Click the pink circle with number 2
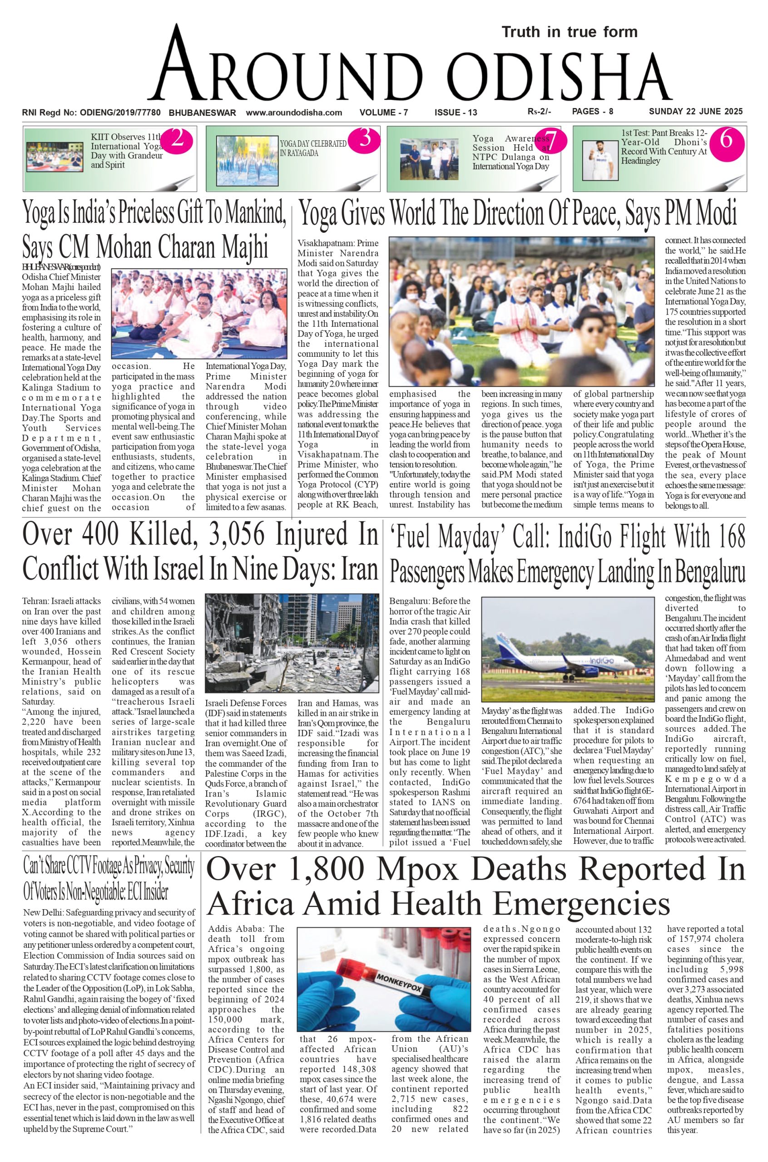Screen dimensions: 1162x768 point(177,140)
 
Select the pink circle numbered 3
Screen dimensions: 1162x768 point(365,139)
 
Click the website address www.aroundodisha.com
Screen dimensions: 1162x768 point(293,113)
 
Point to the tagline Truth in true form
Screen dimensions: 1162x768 point(569,32)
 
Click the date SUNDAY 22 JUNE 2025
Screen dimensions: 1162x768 point(695,112)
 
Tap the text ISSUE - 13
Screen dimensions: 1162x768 point(456,113)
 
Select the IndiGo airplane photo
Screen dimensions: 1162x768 point(568,649)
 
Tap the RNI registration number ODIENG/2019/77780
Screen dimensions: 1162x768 point(120,113)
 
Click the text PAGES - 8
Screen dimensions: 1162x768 point(592,112)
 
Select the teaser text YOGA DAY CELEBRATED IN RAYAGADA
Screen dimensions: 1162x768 point(313,148)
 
